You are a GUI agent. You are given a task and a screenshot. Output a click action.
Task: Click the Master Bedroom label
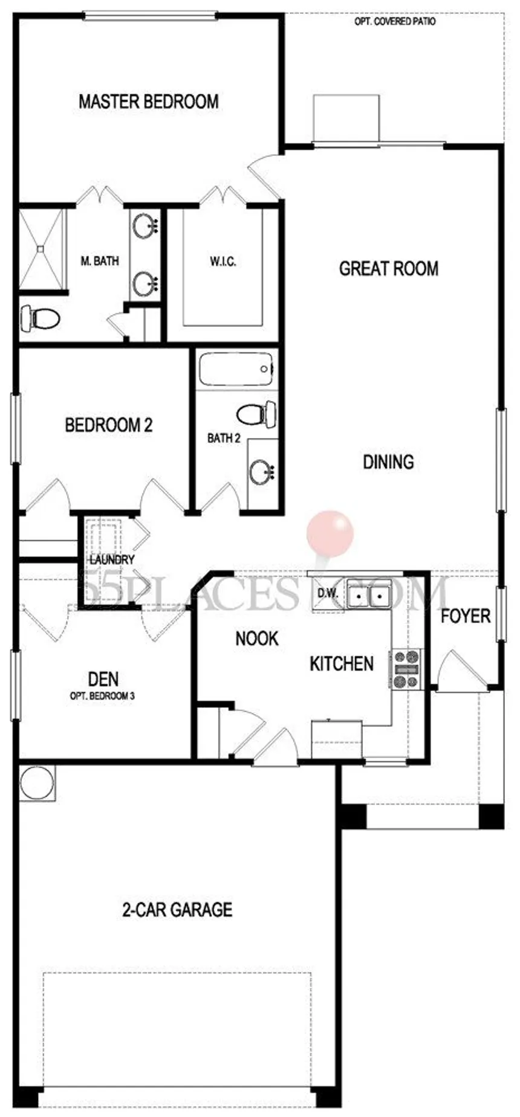(x=149, y=101)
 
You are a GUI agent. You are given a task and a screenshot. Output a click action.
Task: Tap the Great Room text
(x=389, y=268)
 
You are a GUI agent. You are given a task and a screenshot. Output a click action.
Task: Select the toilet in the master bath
(x=40, y=318)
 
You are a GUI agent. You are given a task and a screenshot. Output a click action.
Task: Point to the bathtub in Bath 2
(x=236, y=369)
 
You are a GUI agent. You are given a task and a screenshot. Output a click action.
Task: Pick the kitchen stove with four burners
(x=406, y=669)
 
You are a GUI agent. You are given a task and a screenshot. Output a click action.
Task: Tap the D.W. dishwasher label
(x=328, y=593)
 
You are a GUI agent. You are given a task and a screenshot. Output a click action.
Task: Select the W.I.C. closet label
(x=223, y=262)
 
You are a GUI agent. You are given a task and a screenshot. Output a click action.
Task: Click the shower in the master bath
(x=41, y=248)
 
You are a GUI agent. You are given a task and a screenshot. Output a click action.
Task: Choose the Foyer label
(x=466, y=616)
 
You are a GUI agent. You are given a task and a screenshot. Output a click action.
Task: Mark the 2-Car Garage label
(x=177, y=909)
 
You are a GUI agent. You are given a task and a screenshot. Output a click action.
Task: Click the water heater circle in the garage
(x=36, y=784)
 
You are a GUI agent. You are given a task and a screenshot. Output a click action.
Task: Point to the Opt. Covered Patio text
(x=395, y=22)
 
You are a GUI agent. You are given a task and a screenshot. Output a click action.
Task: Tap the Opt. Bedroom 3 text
(x=102, y=696)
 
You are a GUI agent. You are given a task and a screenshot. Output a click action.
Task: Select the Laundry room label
(x=112, y=560)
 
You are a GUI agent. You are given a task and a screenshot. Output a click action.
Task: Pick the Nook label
(x=257, y=638)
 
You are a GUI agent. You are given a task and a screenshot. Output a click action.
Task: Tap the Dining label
(x=388, y=462)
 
